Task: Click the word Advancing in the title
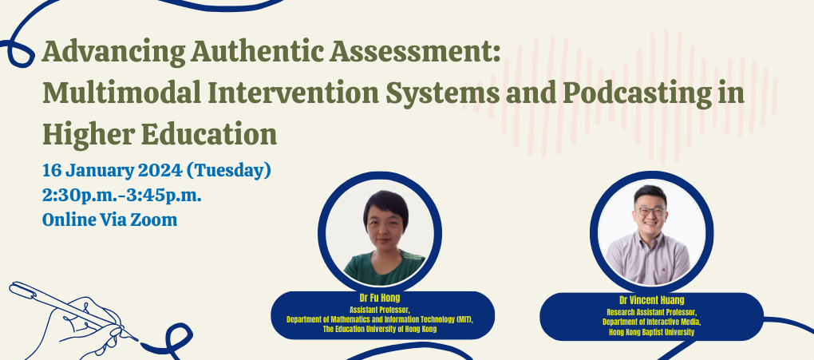pyautogui.click(x=114, y=52)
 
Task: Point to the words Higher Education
pyautogui.click(x=160, y=134)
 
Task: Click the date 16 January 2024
pyautogui.click(x=112, y=170)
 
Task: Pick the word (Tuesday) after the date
pyautogui.click(x=228, y=170)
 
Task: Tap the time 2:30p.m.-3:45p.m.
pyautogui.click(x=122, y=196)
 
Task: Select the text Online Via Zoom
pyautogui.click(x=109, y=220)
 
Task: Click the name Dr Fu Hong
pyautogui.click(x=380, y=299)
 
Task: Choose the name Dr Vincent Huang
pyautogui.click(x=651, y=300)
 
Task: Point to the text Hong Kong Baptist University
pyautogui.click(x=651, y=332)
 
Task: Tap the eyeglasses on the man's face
pyautogui.click(x=651, y=212)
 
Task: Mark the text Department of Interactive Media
pyautogui.click(x=651, y=322)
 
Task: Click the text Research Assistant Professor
pyautogui.click(x=651, y=312)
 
